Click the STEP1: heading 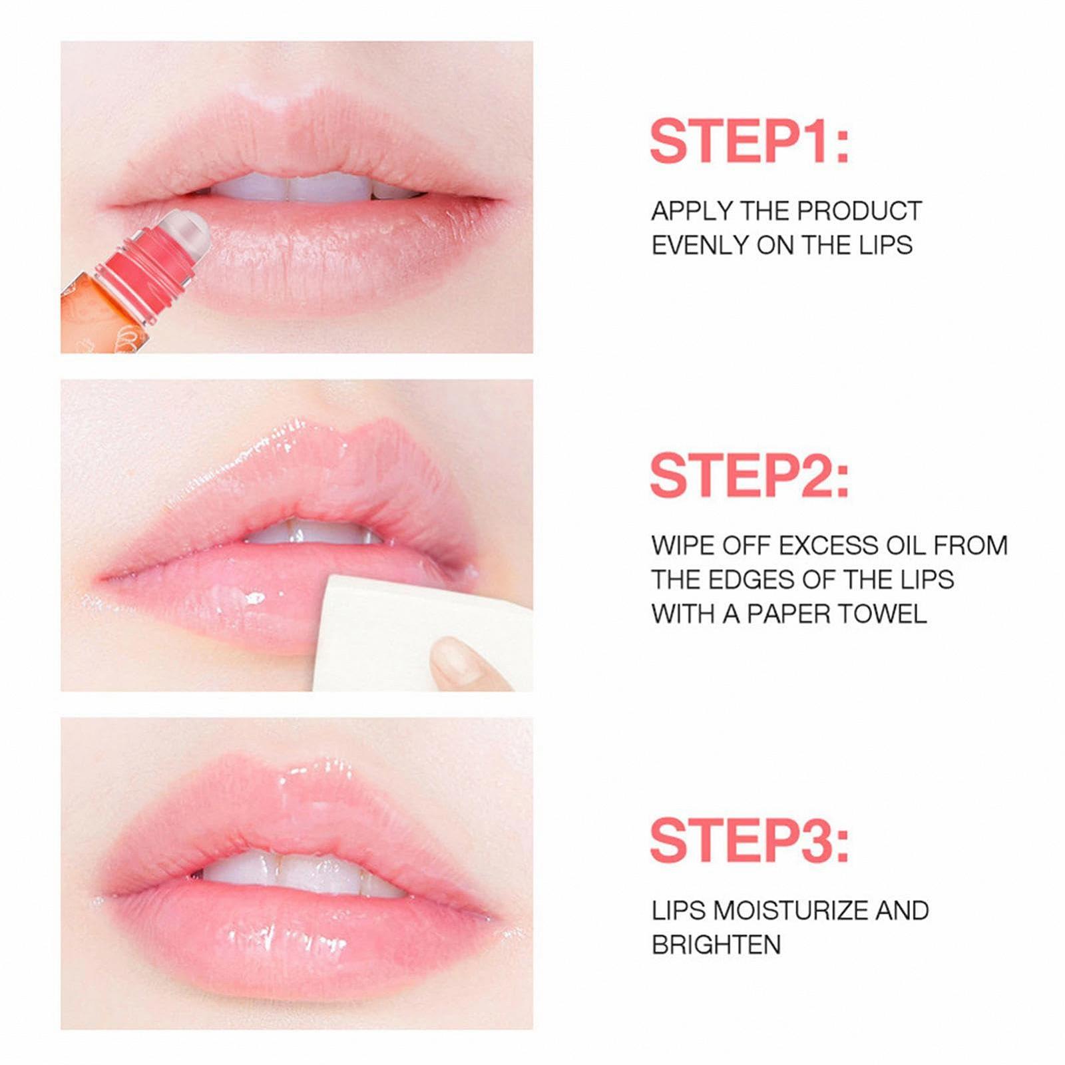click(749, 141)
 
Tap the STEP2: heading click(749, 475)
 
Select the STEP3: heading click(749, 841)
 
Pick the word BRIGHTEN click(716, 945)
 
